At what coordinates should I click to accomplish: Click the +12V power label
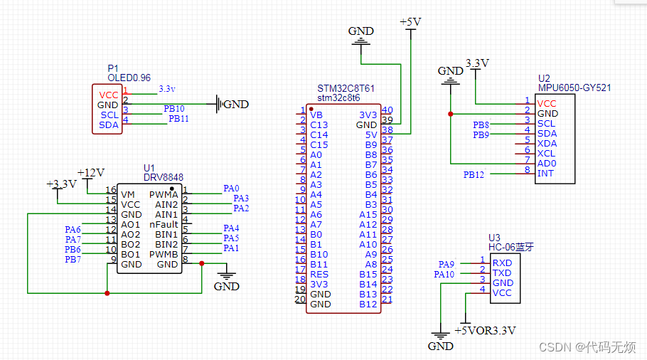click(x=91, y=172)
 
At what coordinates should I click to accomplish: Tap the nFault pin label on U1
click(x=164, y=224)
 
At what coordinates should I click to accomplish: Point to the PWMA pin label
click(x=164, y=194)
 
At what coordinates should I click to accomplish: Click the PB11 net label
click(x=178, y=119)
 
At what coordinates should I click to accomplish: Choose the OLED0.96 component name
click(x=129, y=78)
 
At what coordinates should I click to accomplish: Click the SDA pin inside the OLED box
click(x=109, y=125)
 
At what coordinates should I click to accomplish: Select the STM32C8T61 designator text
click(x=346, y=88)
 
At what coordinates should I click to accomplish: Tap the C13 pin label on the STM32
click(x=319, y=125)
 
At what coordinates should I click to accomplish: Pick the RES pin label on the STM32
click(x=319, y=274)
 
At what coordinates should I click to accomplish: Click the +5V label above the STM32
click(x=410, y=22)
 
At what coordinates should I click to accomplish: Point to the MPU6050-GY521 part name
click(x=574, y=88)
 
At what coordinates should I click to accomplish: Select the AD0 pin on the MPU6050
click(x=547, y=163)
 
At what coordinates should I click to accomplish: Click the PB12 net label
click(x=474, y=174)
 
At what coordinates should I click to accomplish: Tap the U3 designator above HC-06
click(x=494, y=238)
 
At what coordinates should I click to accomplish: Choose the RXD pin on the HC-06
click(x=502, y=263)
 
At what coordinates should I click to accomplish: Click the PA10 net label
click(x=444, y=274)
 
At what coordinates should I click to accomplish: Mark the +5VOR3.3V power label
click(x=485, y=330)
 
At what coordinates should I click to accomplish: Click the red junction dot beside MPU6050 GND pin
click(x=450, y=113)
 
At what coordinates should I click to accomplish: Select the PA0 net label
click(x=231, y=189)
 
